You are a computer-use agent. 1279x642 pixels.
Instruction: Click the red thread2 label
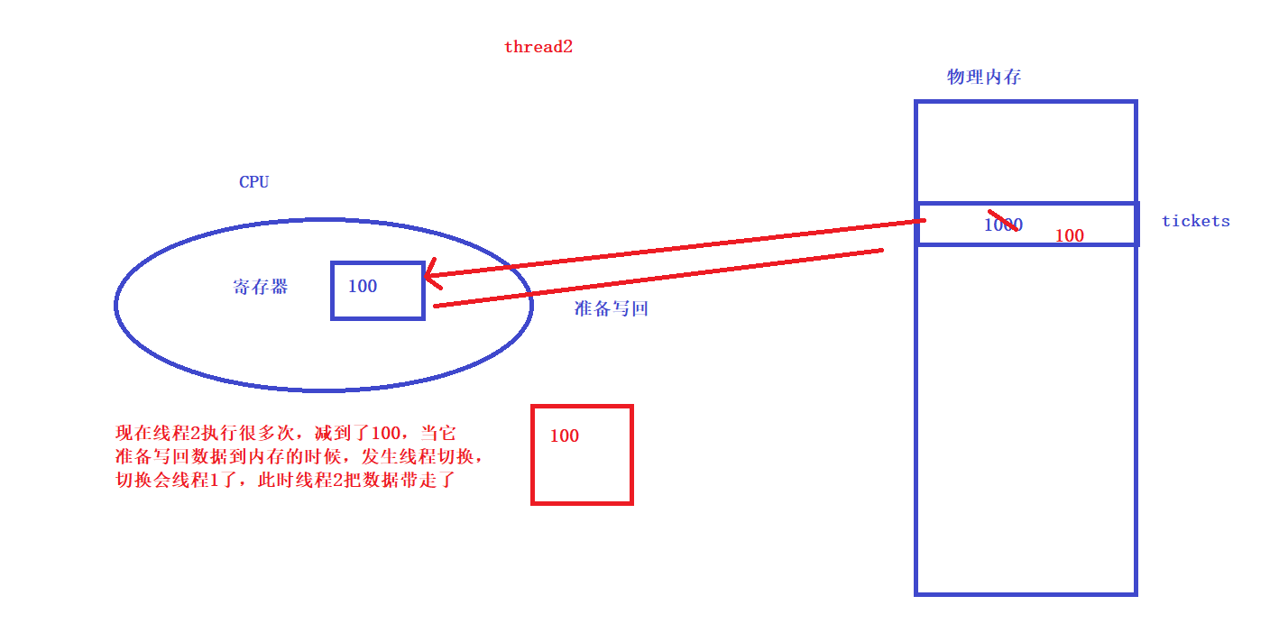point(538,47)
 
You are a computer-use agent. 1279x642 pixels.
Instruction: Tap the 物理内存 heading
point(984,77)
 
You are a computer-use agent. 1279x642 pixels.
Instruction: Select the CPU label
point(253,182)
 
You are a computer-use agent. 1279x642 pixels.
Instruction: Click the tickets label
point(1195,221)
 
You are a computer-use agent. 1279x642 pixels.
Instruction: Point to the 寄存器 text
point(261,288)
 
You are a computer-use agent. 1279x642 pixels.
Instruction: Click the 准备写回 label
point(612,308)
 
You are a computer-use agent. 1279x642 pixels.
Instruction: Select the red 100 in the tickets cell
point(1069,235)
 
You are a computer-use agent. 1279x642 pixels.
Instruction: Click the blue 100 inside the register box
point(363,287)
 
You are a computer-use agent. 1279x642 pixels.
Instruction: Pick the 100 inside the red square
point(564,436)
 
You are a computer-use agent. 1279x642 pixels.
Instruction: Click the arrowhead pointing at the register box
point(431,274)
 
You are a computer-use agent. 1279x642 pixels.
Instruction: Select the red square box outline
point(533,455)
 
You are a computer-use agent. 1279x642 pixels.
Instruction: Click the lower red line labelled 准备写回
point(658,278)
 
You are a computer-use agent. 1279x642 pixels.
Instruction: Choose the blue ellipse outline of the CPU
point(117,305)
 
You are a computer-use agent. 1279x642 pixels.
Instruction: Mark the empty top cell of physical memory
point(1026,151)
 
